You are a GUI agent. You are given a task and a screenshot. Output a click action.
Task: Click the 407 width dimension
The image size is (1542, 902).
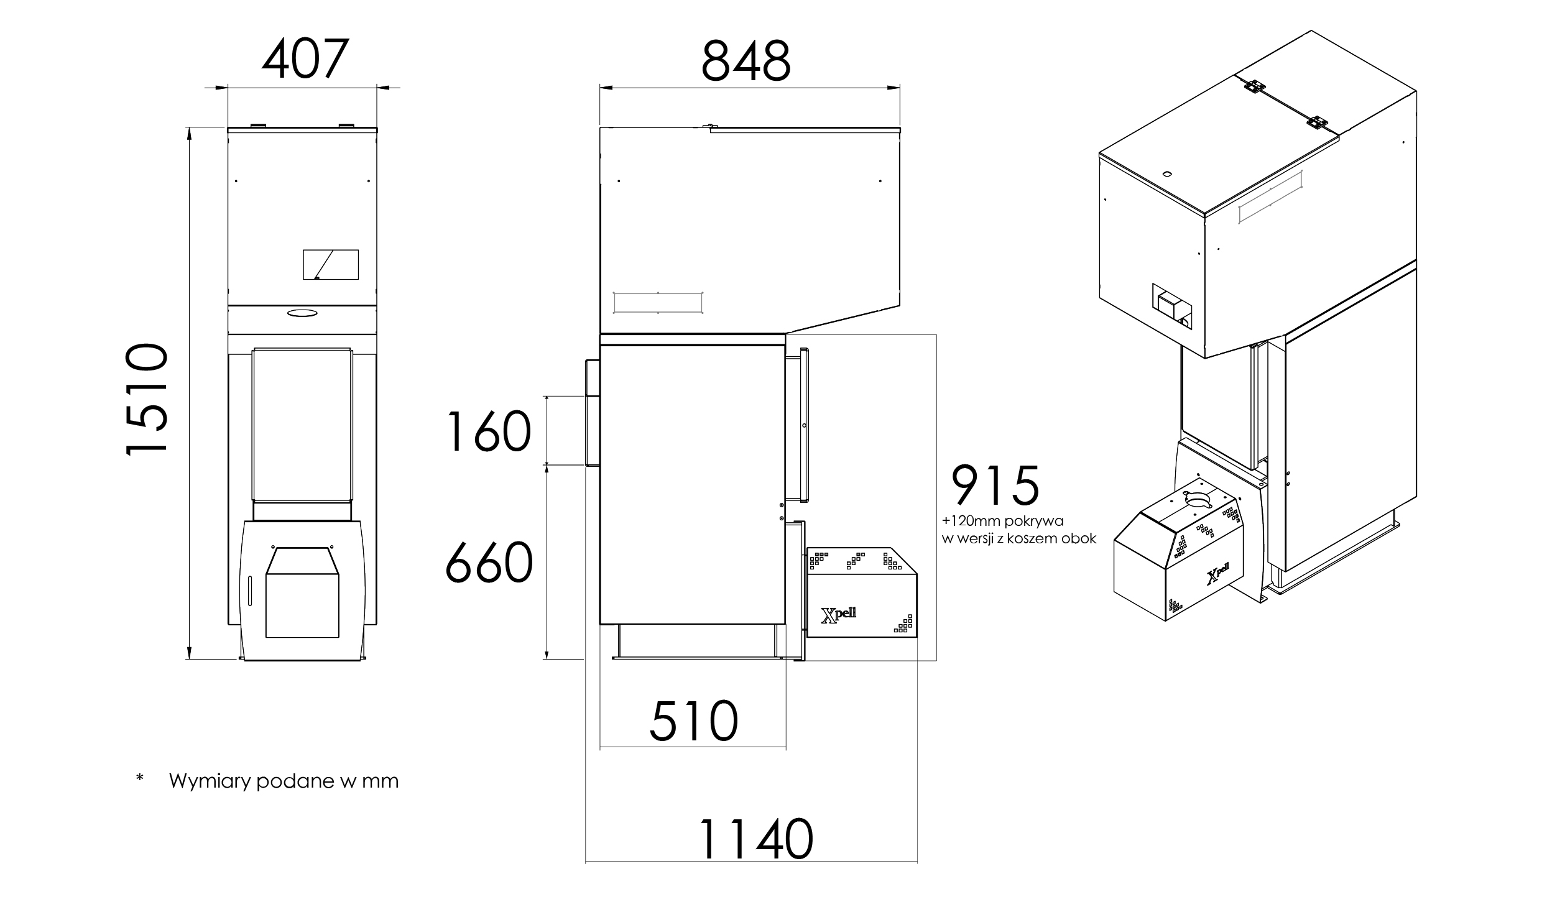pos(303,60)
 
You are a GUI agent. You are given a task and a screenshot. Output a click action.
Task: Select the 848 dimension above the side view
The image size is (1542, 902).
pos(746,62)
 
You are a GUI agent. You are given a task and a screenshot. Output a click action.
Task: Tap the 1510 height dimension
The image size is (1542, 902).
pos(147,399)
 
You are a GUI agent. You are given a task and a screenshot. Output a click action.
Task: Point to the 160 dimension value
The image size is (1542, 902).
pos(488,432)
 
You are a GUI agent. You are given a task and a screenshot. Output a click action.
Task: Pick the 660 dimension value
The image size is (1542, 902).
pos(489,563)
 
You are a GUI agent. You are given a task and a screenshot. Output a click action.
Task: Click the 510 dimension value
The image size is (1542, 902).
pos(694,721)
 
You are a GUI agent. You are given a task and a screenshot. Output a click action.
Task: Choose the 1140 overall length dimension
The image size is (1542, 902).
pos(756,839)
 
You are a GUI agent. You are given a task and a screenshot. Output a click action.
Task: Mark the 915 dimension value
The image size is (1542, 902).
pos(995,486)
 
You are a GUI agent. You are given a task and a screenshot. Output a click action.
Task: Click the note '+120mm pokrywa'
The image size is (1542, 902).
pos(1002,521)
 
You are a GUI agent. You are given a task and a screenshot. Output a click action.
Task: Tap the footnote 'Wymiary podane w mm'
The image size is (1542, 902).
pos(284,781)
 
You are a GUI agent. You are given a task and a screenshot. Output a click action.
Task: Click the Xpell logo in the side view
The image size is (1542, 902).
pos(838,614)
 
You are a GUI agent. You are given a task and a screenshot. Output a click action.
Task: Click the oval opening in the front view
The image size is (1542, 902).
pos(302,313)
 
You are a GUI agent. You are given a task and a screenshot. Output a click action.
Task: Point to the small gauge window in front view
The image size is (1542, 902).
pos(330,265)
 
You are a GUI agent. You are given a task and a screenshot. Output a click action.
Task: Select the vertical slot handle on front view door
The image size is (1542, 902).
pos(250,591)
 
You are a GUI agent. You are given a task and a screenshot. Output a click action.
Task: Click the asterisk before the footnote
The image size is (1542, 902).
pos(139,778)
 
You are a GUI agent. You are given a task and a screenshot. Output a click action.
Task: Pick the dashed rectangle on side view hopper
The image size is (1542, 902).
pos(658,303)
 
